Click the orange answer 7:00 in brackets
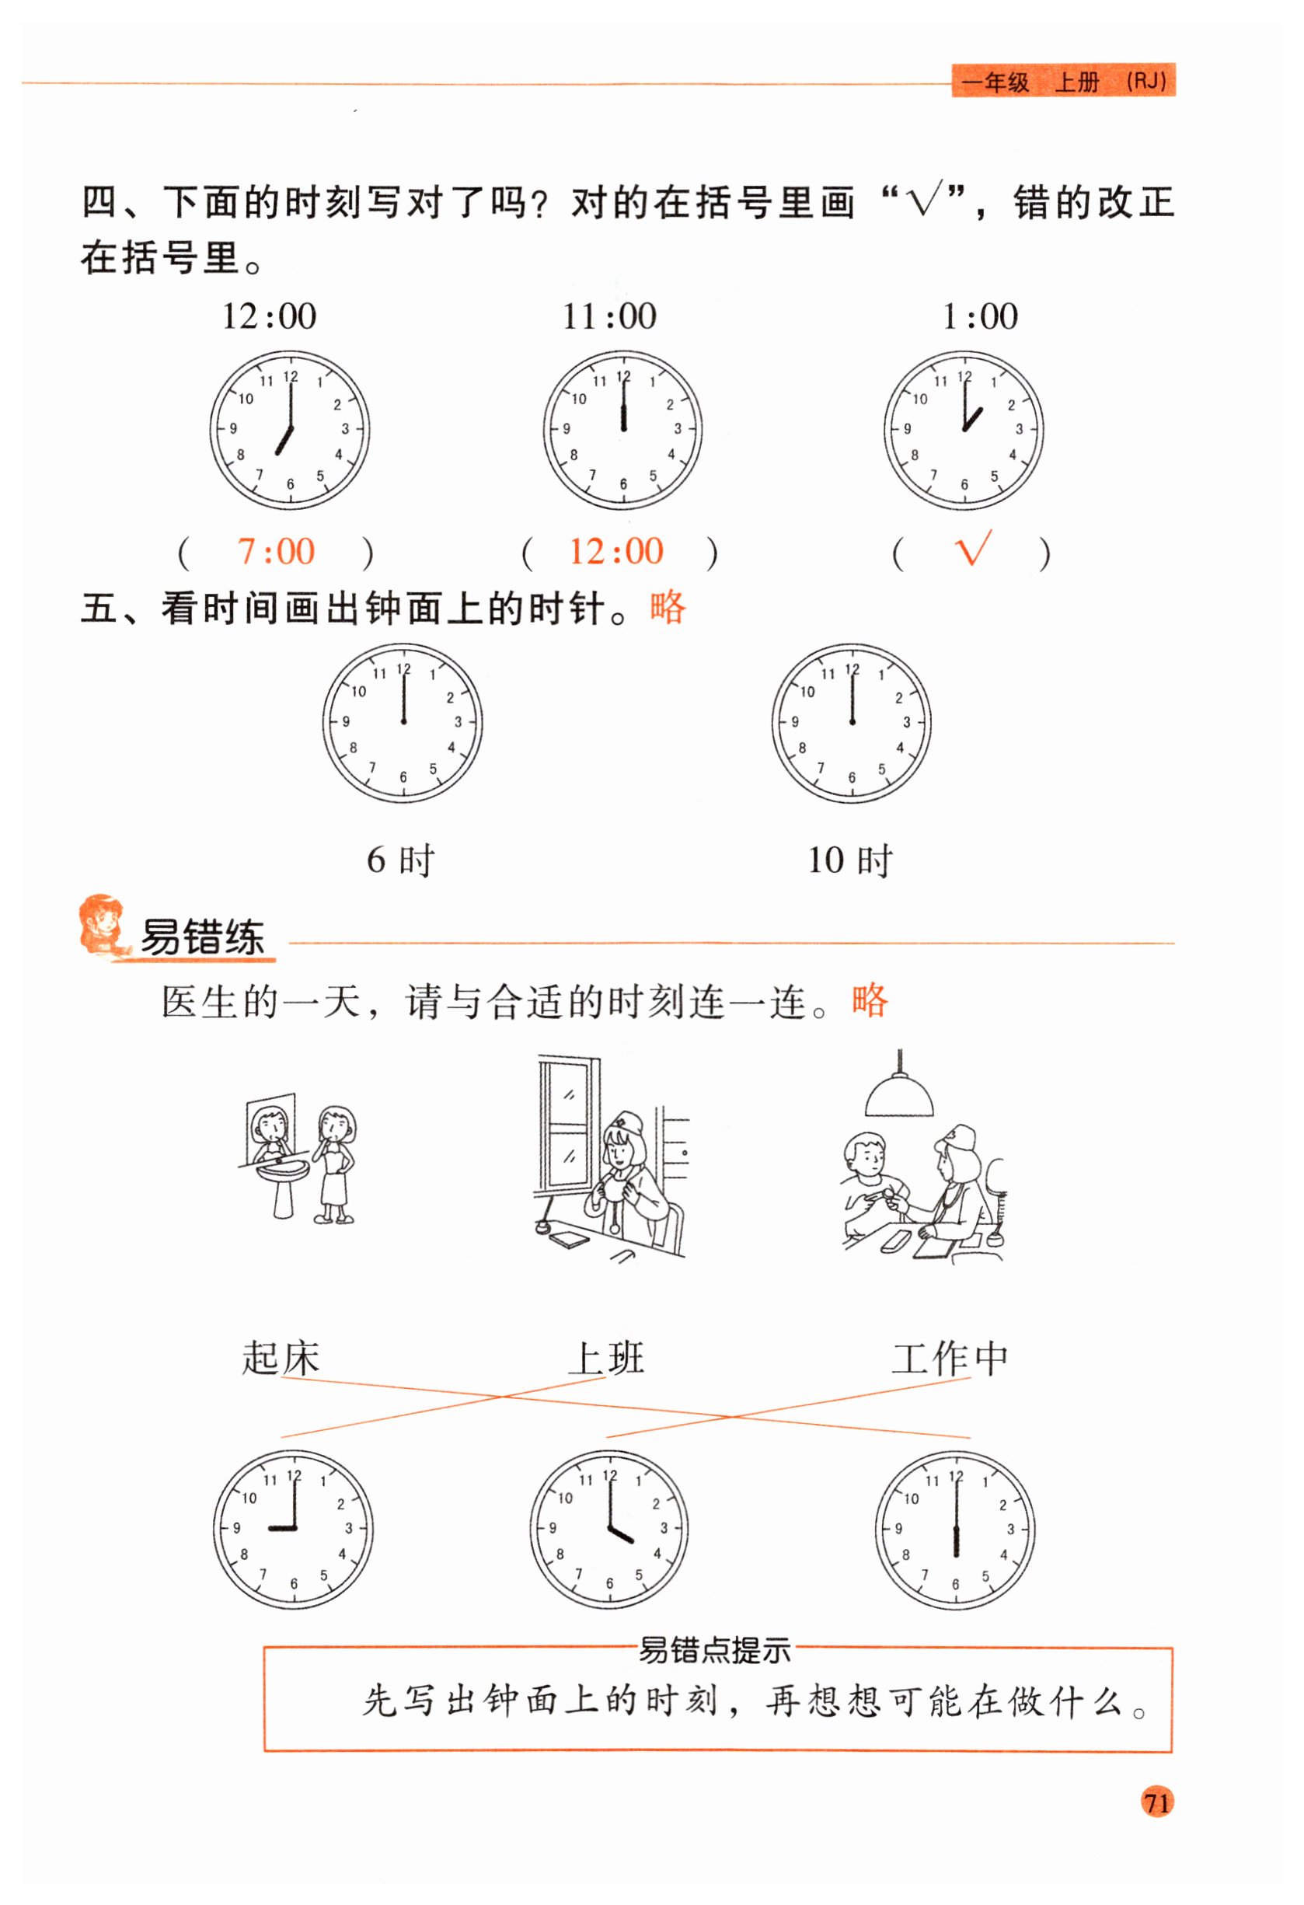click(276, 552)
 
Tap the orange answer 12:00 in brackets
click(616, 552)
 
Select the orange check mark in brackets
click(974, 548)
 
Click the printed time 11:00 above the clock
click(609, 316)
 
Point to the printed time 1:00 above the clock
click(980, 316)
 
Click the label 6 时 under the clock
click(401, 860)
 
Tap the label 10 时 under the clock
click(850, 860)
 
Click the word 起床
click(281, 1359)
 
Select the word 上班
click(605, 1359)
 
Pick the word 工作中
click(950, 1359)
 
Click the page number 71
click(1156, 1802)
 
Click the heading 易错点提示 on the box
click(714, 1650)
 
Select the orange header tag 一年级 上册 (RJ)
click(1063, 81)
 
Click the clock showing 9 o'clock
click(293, 1529)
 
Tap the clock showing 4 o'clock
click(609, 1529)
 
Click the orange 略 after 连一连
click(870, 1000)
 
